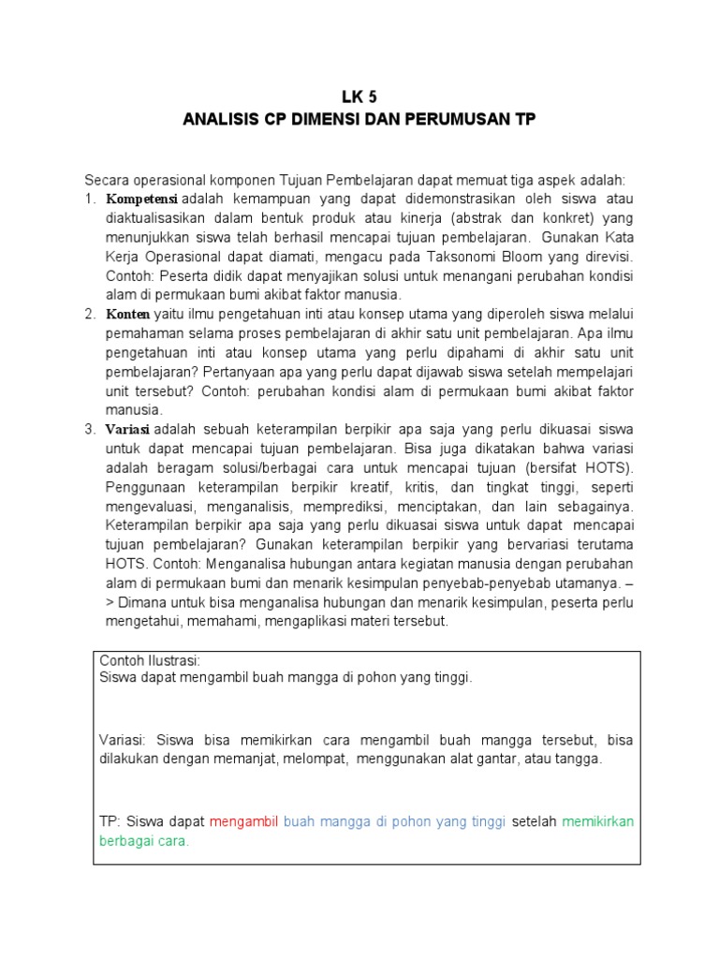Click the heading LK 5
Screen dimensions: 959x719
(359, 97)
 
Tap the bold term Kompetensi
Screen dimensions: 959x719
(141, 199)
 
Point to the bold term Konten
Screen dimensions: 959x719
(126, 314)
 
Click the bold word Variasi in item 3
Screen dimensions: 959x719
(128, 430)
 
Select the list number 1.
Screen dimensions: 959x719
(90, 199)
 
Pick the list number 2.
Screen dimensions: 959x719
(90, 314)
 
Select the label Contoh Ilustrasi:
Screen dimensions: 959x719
(150, 661)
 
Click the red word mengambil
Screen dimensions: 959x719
(244, 821)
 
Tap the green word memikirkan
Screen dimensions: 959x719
(598, 821)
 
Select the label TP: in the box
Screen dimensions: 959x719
(111, 821)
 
